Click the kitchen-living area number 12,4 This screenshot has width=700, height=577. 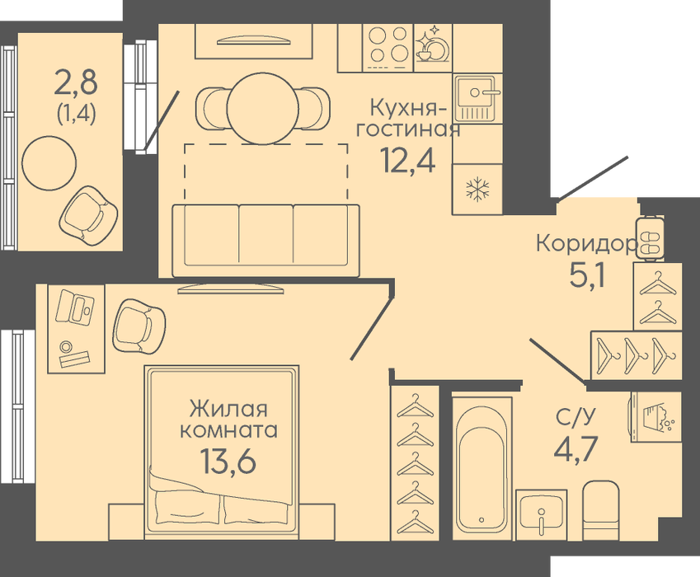[407, 160]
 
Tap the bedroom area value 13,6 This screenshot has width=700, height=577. [228, 461]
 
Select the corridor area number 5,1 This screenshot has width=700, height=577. [588, 276]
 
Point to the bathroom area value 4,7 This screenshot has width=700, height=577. [576, 450]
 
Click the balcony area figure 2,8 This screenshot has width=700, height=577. [75, 83]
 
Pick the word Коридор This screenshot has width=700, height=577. [586, 244]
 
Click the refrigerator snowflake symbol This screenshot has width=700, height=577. [477, 190]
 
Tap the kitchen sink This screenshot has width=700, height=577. [477, 99]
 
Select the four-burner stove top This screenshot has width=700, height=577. [388, 48]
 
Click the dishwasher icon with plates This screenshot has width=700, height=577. [433, 46]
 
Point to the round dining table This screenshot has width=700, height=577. [262, 109]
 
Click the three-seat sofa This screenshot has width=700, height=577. [266, 241]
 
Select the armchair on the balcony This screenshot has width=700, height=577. [89, 216]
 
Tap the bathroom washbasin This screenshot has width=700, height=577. [542, 515]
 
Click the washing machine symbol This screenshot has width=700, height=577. [655, 418]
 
